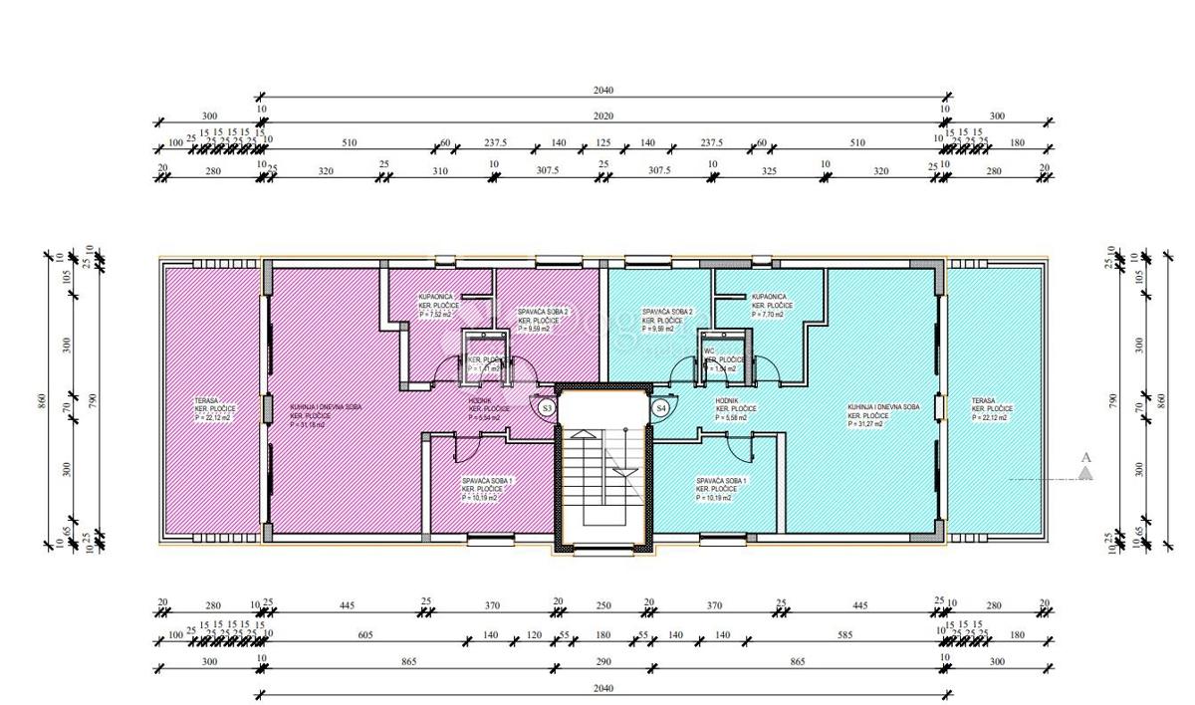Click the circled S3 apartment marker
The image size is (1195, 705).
coord(547,407)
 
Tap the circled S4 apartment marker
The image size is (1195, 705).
coord(660,407)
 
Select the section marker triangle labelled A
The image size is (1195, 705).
coord(1085,472)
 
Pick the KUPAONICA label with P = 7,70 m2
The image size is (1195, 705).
coord(769,297)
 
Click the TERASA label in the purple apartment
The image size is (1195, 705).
coord(208,401)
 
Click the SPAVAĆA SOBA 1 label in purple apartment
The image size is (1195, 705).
coord(487,481)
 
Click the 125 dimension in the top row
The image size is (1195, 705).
coord(602,143)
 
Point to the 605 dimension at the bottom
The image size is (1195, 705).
coord(365,634)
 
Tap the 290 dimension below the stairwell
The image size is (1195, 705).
coord(603,661)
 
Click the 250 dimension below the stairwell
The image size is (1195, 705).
coord(603,604)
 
